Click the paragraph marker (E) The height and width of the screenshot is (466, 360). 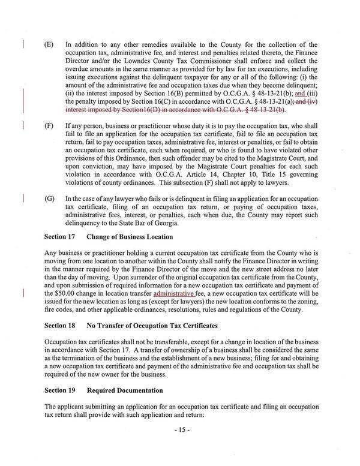click(x=49, y=44)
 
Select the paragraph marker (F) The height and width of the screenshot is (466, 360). click(x=49, y=128)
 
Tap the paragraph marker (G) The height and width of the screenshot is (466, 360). click(x=49, y=197)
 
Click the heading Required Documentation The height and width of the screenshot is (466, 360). click(x=124, y=390)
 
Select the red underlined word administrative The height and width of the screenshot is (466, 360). click(x=174, y=294)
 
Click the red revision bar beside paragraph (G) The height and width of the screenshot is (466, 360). click(x=23, y=197)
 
